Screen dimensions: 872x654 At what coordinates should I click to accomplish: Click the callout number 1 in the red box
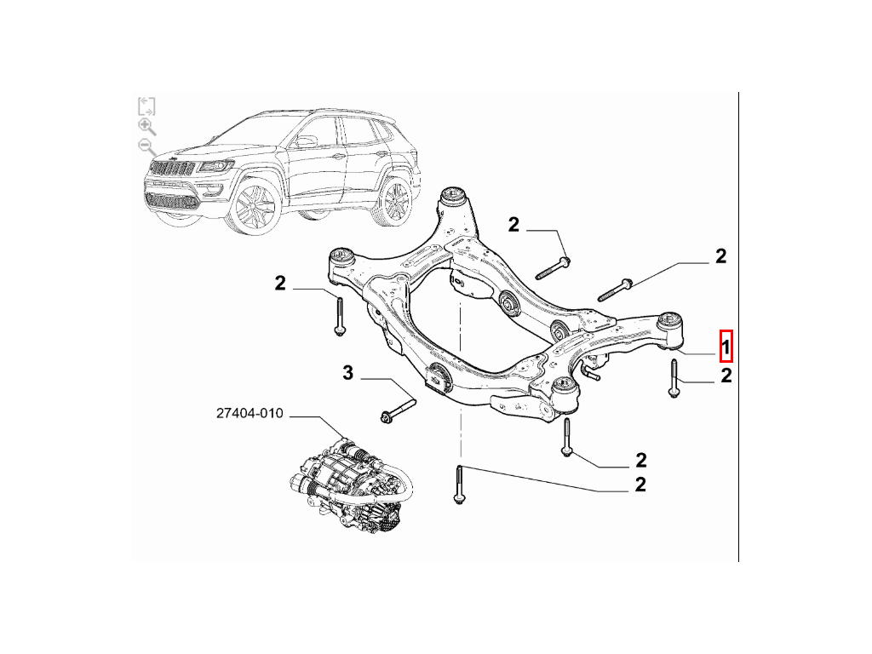click(x=726, y=347)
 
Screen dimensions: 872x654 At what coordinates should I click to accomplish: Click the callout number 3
click(x=347, y=373)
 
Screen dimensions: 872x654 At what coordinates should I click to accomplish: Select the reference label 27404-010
click(x=250, y=413)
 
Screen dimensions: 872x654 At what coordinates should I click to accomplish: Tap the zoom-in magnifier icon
click(x=146, y=127)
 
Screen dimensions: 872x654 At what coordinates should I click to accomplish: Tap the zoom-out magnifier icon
click(x=146, y=147)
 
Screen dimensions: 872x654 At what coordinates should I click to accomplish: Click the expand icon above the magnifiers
click(x=146, y=106)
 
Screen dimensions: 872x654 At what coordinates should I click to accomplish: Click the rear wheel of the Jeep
click(x=396, y=199)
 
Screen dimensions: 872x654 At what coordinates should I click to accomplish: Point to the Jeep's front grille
click(x=173, y=168)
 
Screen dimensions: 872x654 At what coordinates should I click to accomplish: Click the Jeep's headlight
click(x=215, y=166)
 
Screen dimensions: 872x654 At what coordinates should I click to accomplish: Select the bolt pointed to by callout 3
click(x=399, y=408)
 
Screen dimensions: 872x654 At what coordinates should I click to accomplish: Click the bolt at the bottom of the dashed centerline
click(x=459, y=485)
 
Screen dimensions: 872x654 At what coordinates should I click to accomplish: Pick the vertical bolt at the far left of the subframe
click(x=339, y=317)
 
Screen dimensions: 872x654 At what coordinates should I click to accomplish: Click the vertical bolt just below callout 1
click(x=674, y=379)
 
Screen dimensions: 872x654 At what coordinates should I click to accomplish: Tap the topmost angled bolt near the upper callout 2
click(x=553, y=268)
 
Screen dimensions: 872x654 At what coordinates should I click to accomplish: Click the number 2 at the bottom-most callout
click(x=640, y=485)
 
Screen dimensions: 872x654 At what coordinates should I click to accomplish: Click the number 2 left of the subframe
click(x=279, y=283)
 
